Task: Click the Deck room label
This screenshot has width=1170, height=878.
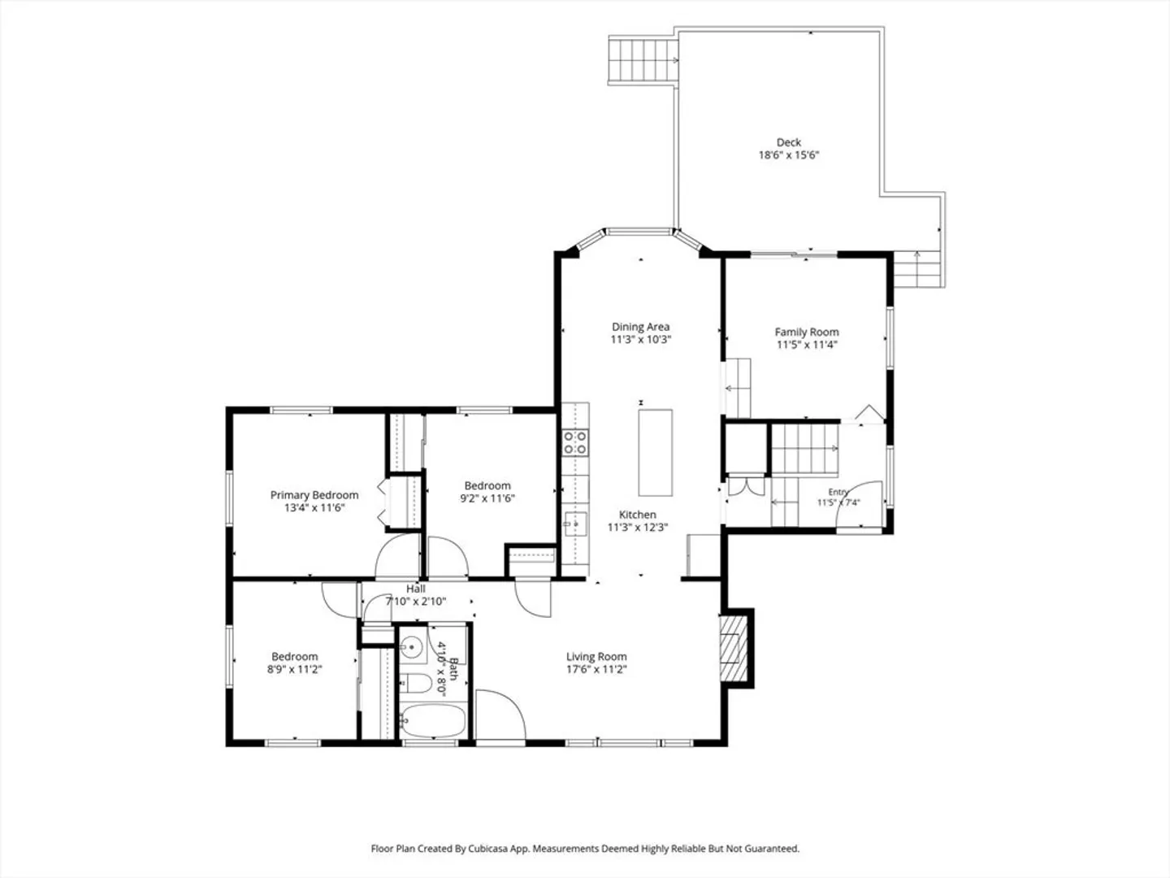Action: (788, 142)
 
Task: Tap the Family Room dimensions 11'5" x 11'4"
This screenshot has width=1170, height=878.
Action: (807, 345)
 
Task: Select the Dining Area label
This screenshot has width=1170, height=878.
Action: (641, 327)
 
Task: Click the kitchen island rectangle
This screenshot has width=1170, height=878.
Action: (655, 453)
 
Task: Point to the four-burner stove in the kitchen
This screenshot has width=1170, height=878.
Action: (575, 443)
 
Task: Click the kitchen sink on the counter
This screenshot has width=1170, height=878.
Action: (575, 524)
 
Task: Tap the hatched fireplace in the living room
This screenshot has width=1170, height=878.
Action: (734, 649)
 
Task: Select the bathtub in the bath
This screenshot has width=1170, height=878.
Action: (432, 721)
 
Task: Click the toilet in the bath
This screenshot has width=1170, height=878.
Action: (416, 683)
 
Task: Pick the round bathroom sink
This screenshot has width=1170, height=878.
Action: (411, 648)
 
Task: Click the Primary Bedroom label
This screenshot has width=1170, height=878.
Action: (314, 495)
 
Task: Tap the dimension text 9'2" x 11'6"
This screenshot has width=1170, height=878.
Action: (487, 498)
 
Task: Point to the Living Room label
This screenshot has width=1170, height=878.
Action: (596, 657)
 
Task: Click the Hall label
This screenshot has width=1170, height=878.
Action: (416, 589)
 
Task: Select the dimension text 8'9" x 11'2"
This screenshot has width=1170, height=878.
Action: (295, 669)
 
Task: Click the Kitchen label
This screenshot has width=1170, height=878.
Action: (638, 515)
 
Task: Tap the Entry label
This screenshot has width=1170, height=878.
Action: (838, 492)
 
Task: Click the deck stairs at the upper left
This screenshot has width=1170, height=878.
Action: (643, 60)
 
